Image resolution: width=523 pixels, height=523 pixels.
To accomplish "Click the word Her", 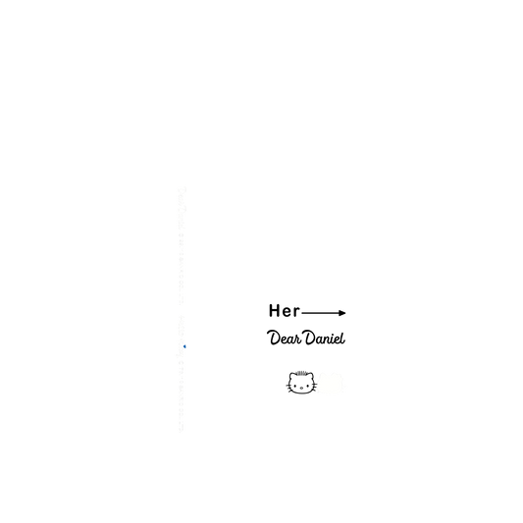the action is (x=285, y=310).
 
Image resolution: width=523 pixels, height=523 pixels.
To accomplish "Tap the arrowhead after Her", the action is (x=341, y=313).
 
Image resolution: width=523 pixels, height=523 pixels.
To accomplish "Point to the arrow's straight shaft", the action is (x=320, y=313).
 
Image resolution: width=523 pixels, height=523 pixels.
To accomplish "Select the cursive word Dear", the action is (x=285, y=338).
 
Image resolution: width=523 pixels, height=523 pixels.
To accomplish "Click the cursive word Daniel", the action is (x=325, y=338).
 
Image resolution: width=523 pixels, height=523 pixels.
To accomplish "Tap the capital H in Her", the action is (x=274, y=310).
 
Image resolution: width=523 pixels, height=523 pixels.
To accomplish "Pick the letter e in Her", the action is (x=287, y=312).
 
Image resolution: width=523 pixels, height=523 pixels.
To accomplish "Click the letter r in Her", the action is (x=297, y=312).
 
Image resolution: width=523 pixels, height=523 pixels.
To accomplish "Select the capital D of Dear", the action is (x=274, y=338).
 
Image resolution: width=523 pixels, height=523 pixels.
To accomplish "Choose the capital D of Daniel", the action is (x=311, y=338).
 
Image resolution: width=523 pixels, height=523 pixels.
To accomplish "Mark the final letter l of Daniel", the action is (x=342, y=338).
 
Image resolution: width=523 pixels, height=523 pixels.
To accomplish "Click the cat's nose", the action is (x=301, y=388).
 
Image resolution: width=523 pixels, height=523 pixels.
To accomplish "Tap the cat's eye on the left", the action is (x=294, y=386).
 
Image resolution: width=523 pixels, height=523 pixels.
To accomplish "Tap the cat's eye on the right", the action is (x=307, y=386).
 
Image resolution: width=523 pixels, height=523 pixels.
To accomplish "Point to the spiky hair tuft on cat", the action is (x=301, y=373).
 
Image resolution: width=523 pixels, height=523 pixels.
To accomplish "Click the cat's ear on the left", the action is (x=292, y=376).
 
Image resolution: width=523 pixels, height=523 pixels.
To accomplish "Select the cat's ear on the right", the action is (x=310, y=376).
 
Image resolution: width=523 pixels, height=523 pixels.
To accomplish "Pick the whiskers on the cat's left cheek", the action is (x=288, y=388).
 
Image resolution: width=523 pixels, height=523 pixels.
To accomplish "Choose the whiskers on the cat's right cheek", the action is (x=314, y=388).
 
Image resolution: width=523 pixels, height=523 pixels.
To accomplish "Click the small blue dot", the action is (x=184, y=346).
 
